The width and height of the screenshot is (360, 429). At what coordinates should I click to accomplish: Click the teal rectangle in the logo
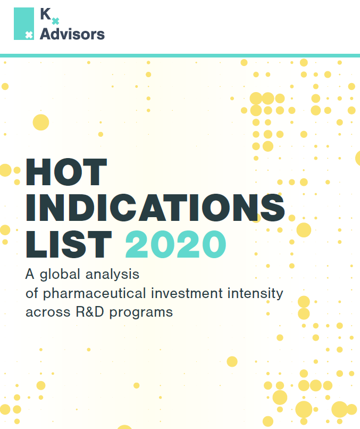[24, 23]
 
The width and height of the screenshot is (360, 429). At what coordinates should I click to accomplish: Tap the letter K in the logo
[45, 14]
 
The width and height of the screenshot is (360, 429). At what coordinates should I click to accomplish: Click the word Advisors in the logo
[72, 34]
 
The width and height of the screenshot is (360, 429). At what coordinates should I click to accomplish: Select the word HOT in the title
[66, 172]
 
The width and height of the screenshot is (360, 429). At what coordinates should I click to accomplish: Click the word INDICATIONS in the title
[155, 208]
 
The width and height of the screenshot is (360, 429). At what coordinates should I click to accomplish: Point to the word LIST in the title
[69, 244]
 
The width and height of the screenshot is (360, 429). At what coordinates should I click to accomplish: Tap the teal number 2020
[175, 244]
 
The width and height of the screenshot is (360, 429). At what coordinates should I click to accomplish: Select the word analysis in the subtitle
[112, 274]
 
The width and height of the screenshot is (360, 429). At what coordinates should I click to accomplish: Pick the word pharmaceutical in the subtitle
[94, 293]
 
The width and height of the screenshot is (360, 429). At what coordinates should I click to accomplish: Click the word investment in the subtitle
[187, 293]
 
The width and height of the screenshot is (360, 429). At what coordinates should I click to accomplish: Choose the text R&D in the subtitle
[90, 312]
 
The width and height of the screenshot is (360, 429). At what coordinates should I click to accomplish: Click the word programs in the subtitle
[141, 313]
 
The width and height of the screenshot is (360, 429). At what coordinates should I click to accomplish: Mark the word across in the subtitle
[48, 312]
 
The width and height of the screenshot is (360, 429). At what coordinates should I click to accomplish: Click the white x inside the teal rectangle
[29, 35]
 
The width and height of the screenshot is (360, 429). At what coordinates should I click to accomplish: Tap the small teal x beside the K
[55, 21]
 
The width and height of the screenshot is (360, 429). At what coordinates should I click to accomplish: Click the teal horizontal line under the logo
[180, 55]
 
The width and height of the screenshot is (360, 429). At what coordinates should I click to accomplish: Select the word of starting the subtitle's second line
[32, 293]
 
